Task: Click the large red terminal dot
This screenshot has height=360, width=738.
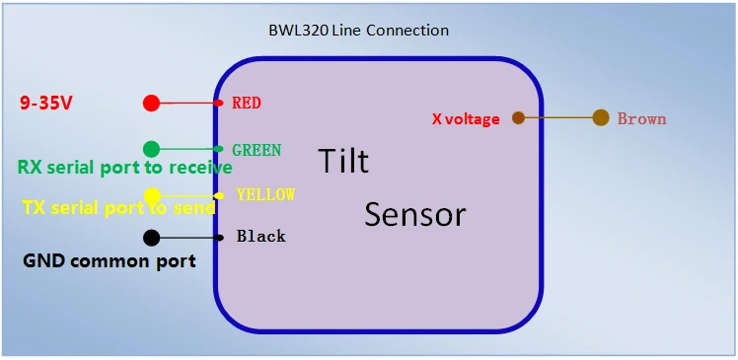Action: click(x=151, y=103)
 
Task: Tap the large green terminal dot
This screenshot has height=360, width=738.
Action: click(x=151, y=149)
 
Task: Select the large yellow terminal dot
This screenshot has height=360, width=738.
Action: click(x=152, y=195)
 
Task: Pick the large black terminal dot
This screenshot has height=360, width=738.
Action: click(x=151, y=238)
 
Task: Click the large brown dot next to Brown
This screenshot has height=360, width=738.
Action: click(x=601, y=117)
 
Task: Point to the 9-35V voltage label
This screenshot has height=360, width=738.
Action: click(x=45, y=103)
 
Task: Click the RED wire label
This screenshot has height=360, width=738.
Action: click(x=246, y=103)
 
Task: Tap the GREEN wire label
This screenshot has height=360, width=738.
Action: click(x=257, y=150)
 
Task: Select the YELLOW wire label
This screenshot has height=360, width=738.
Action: click(x=266, y=194)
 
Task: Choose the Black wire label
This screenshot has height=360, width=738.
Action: click(x=261, y=237)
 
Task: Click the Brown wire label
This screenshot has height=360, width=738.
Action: click(x=642, y=118)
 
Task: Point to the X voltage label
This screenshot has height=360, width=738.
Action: click(x=466, y=119)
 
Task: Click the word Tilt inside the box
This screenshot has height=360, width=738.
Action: click(x=343, y=161)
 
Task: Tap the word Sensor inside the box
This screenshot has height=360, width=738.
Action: click(x=415, y=214)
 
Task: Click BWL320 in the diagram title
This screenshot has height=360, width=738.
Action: click(x=299, y=31)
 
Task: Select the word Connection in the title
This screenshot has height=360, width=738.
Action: click(x=407, y=31)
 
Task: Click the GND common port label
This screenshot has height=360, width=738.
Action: click(x=110, y=261)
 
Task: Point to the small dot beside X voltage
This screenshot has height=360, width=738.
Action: click(x=518, y=117)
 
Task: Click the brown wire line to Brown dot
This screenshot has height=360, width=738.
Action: click(x=558, y=117)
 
